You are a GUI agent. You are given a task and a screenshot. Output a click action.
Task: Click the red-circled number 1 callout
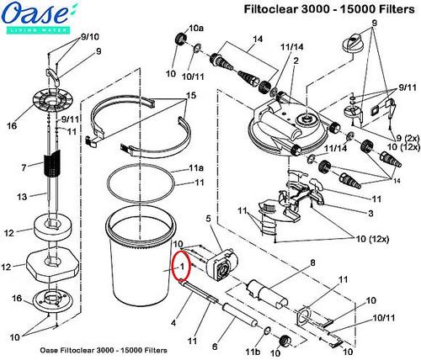tap(180, 264)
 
